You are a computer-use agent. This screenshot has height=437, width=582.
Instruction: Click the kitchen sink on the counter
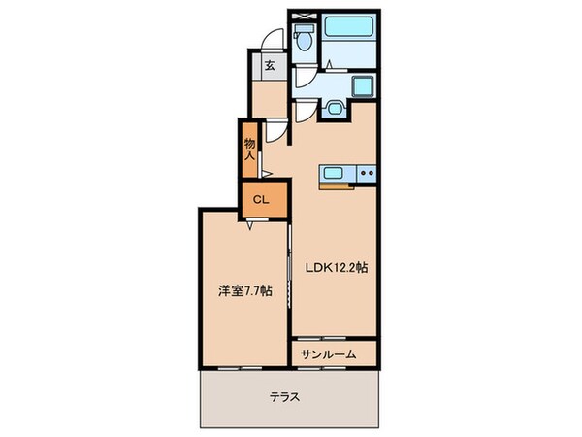click(333, 174)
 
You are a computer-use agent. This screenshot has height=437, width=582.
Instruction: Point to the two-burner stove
click(365, 175)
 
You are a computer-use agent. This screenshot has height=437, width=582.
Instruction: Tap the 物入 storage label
click(249, 148)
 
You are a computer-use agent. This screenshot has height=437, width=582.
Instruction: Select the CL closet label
click(261, 201)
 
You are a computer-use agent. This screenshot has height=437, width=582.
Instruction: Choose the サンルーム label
click(334, 354)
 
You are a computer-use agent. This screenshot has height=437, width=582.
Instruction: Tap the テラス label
click(285, 396)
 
